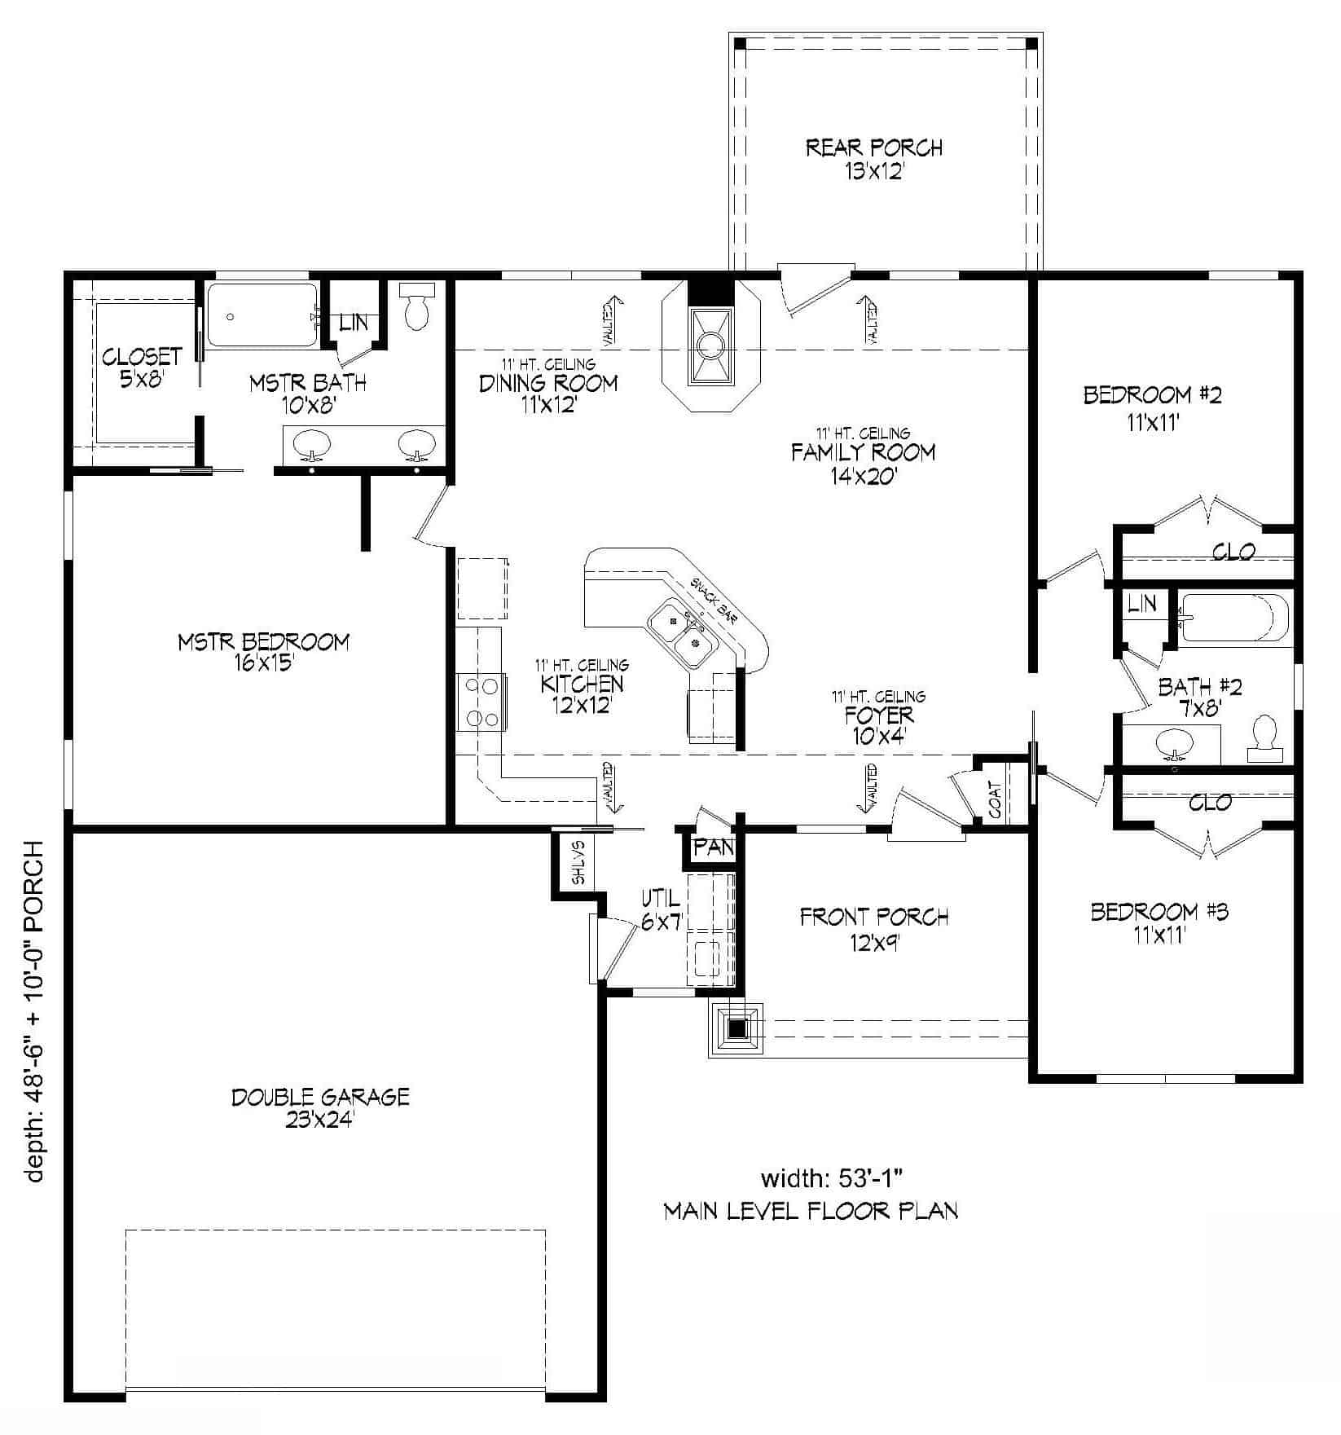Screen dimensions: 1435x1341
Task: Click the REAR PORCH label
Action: coord(873,148)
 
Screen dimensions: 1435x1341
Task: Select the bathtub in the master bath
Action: coord(261,315)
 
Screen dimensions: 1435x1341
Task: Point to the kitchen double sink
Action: coord(683,632)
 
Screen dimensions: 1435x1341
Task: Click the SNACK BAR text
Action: coord(713,601)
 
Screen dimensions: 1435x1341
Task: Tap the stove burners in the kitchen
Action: coord(481,702)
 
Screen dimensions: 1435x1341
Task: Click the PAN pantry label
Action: coord(714,847)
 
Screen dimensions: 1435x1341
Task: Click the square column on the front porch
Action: coord(737,1028)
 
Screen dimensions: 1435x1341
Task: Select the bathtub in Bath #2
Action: coord(1233,617)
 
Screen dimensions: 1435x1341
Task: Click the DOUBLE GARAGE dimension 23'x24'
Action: coord(319,1120)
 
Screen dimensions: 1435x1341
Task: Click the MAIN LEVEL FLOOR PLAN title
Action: coord(811,1211)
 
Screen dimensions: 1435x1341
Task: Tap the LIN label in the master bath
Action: coord(354,323)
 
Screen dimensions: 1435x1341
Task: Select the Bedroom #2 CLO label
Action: coord(1233,552)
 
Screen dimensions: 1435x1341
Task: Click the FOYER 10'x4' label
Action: coord(878,725)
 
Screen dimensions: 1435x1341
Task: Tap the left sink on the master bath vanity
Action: coord(311,444)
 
